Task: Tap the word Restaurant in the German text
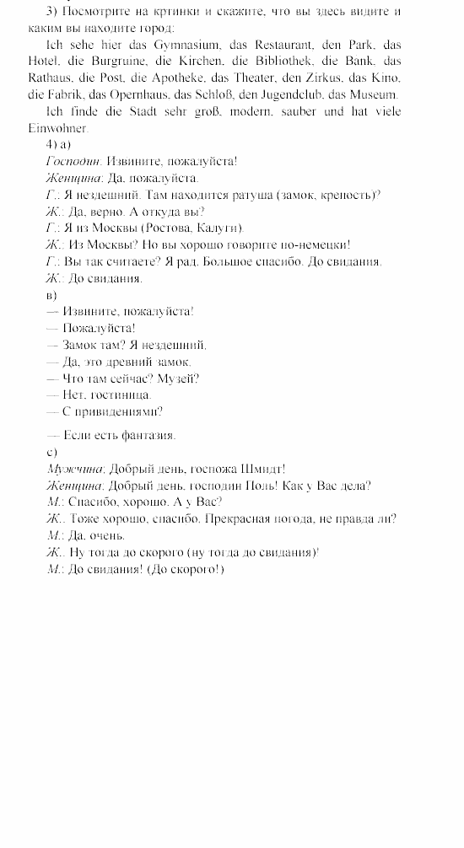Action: click(283, 43)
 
